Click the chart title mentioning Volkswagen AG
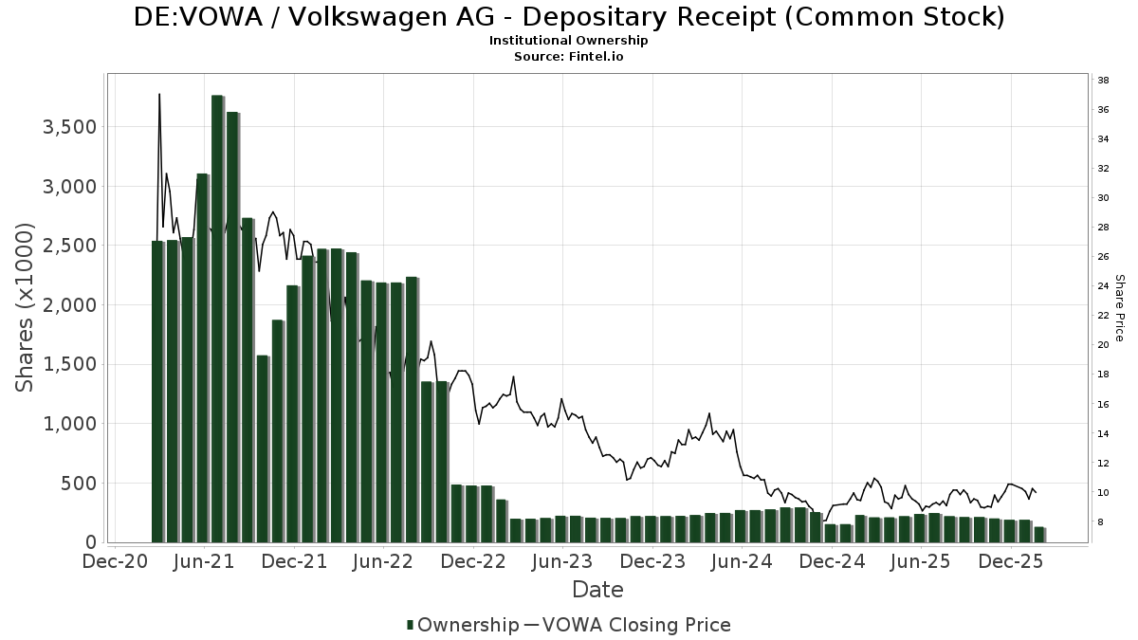pyautogui.click(x=569, y=17)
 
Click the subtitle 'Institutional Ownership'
pyautogui.click(x=569, y=41)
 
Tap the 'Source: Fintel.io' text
pyautogui.click(x=569, y=57)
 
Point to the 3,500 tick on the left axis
pyautogui.click(x=68, y=127)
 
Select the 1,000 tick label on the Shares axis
pyautogui.click(x=68, y=424)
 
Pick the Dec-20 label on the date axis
pyautogui.click(x=114, y=561)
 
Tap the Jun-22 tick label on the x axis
pyautogui.click(x=383, y=561)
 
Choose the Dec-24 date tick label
pyautogui.click(x=833, y=561)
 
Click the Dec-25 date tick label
pyautogui.click(x=1012, y=561)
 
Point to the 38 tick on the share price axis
pyautogui.click(x=1104, y=81)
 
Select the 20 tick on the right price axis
pyautogui.click(x=1104, y=345)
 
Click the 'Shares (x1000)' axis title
pyautogui.click(x=25, y=307)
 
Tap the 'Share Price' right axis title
pyautogui.click(x=1119, y=308)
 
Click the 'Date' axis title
pyautogui.click(x=597, y=590)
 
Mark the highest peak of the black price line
pyautogui.click(x=159, y=94)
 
